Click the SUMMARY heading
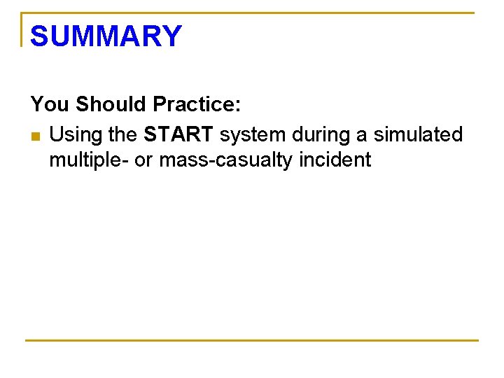[106, 36]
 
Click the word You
[50, 104]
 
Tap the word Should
[111, 104]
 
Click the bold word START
[178, 134]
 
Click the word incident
[335, 160]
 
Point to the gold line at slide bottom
[252, 341]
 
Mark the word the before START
[124, 134]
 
